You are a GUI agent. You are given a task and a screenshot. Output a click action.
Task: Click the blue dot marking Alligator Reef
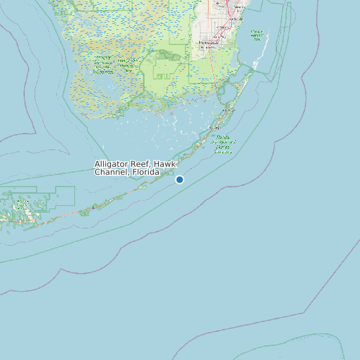[179, 179]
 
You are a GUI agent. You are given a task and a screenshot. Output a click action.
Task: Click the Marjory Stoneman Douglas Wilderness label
[104, 62]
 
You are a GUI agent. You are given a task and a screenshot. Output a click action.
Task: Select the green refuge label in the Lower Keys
[23, 203]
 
